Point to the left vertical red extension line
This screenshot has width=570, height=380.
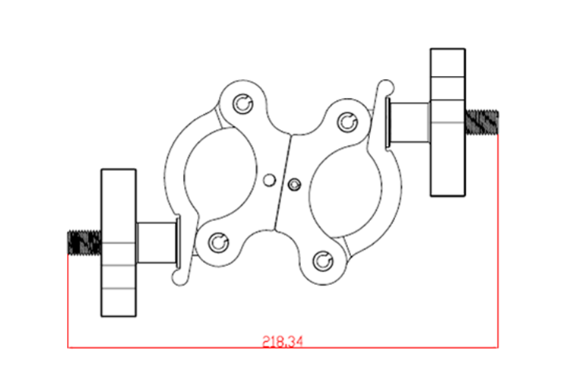click(68, 304)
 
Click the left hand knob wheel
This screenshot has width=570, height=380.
click(118, 242)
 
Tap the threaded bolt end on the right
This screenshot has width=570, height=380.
click(483, 122)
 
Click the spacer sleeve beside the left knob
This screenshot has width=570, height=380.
click(157, 242)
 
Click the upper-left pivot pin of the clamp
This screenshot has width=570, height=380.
click(243, 103)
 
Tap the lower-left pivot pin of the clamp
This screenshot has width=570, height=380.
click(218, 242)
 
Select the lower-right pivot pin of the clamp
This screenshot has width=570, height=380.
click(325, 259)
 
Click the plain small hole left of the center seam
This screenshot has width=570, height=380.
click(269, 179)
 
